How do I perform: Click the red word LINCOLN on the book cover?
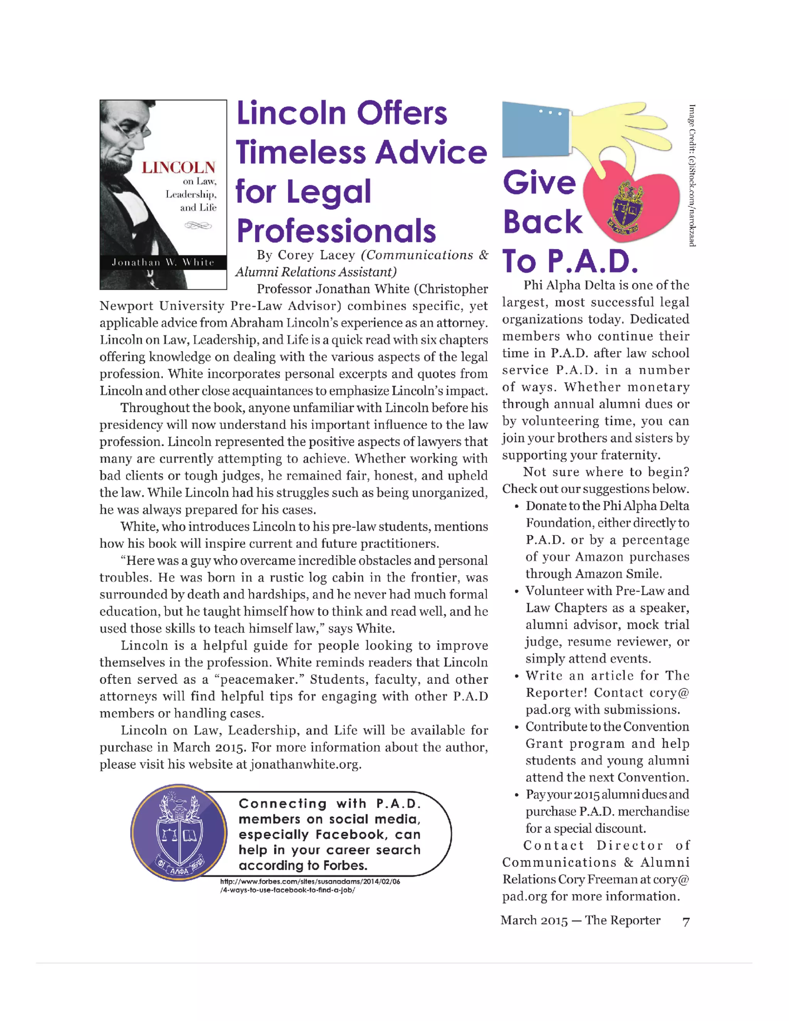tap(178, 167)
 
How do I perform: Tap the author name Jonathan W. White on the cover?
tap(163, 262)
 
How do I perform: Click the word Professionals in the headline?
tap(336, 231)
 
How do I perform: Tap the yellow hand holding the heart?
tap(617, 136)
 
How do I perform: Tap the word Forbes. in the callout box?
tap(345, 865)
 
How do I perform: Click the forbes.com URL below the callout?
tap(310, 885)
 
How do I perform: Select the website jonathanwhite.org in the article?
tap(305, 764)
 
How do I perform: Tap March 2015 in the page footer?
tap(534, 920)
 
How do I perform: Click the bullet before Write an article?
tap(517, 677)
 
